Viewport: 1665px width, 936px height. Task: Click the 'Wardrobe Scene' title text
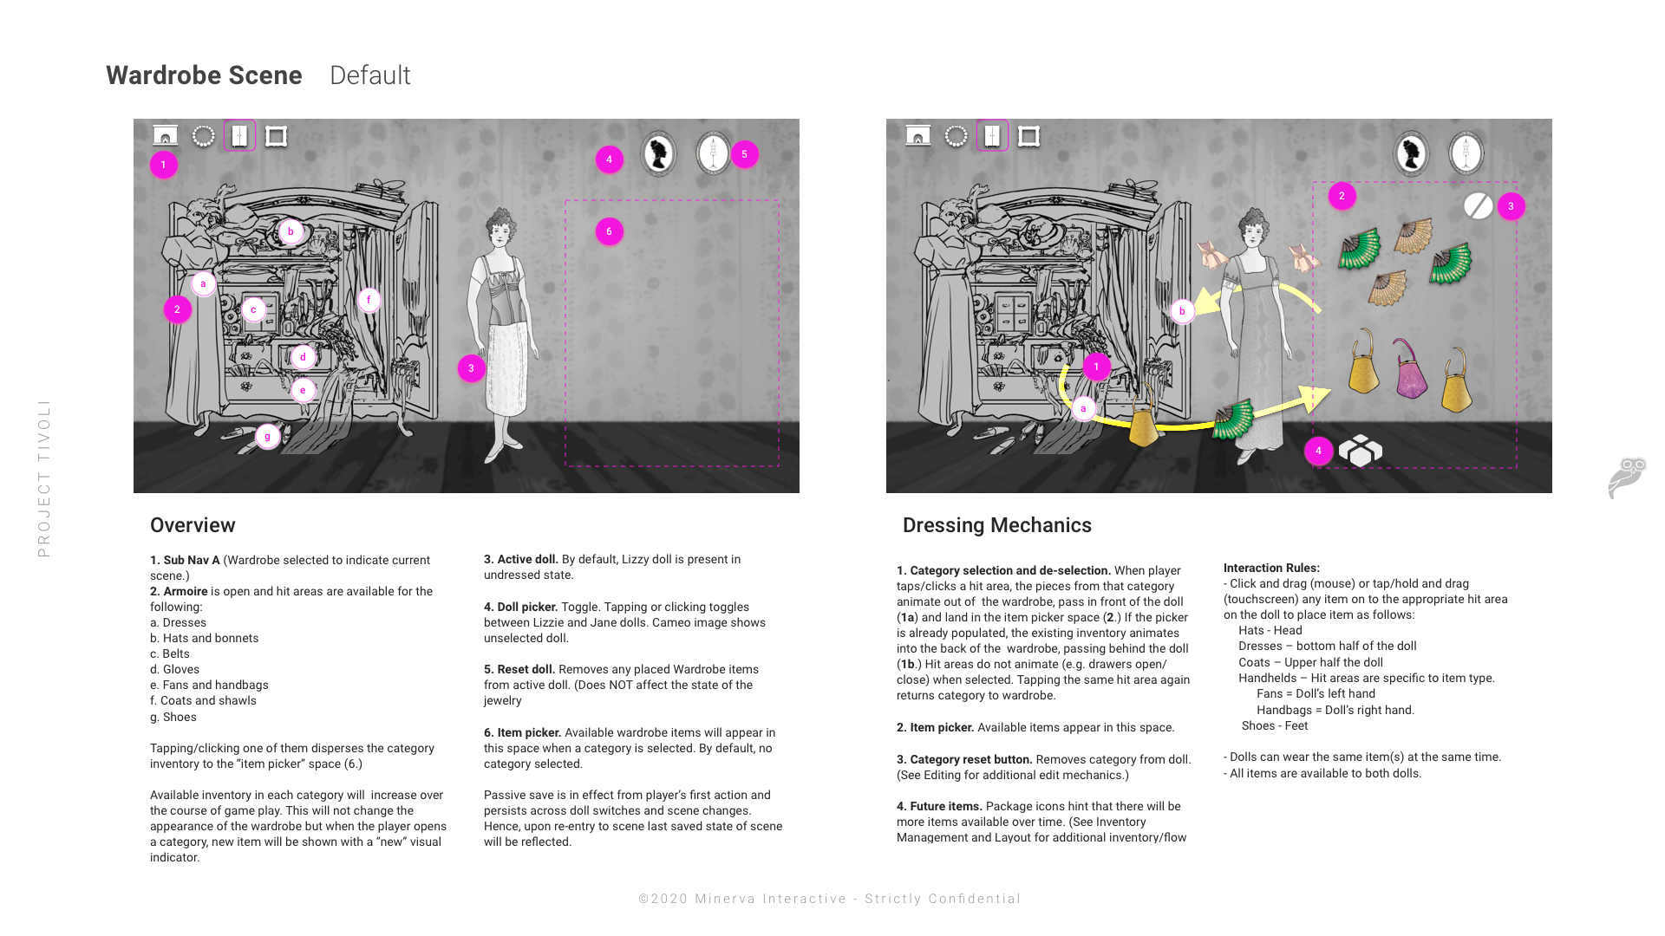click(x=204, y=75)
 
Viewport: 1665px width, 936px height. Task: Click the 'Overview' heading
click(x=193, y=525)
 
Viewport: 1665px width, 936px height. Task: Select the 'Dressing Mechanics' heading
click(x=996, y=525)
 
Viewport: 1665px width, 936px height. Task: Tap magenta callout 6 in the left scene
click(x=609, y=231)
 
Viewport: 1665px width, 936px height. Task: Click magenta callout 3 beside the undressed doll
click(x=471, y=368)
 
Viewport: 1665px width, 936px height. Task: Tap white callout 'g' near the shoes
click(x=267, y=436)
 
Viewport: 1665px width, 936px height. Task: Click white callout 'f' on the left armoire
click(x=369, y=300)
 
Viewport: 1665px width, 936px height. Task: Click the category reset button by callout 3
click(x=1478, y=206)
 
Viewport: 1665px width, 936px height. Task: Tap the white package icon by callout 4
click(x=1360, y=451)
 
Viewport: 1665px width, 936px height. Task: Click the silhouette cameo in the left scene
click(x=658, y=154)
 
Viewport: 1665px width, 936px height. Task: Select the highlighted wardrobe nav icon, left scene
click(x=239, y=136)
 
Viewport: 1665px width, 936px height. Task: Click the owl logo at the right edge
click(x=1627, y=478)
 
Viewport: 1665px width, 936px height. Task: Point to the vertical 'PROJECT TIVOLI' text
click(x=44, y=478)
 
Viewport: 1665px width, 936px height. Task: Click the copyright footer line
click(x=830, y=899)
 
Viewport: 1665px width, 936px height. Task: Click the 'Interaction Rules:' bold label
click(x=1271, y=568)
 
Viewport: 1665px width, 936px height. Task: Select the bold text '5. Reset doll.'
click(x=519, y=669)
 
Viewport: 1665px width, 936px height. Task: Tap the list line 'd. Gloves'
click(x=174, y=669)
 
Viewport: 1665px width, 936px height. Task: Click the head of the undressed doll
click(x=500, y=226)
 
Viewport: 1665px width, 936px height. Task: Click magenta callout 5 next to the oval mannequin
click(x=744, y=154)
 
